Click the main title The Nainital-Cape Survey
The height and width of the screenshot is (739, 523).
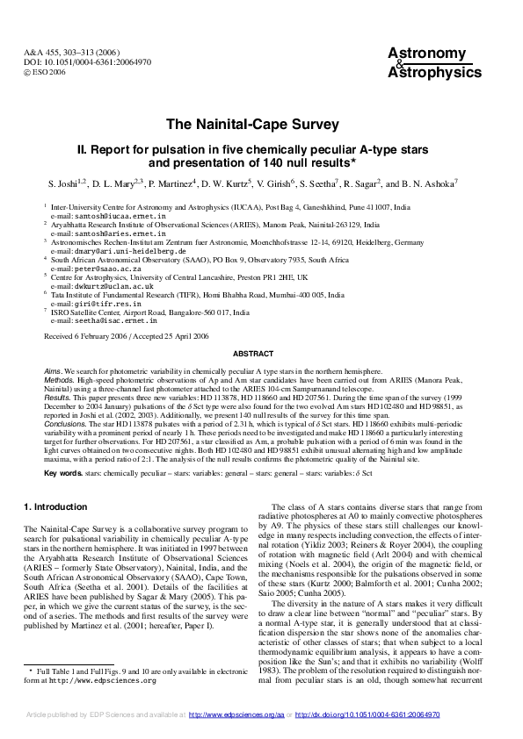261,124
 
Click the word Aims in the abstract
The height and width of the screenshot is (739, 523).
53,372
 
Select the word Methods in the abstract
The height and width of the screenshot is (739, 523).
59,380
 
